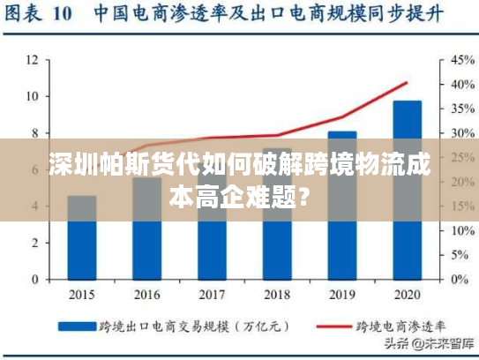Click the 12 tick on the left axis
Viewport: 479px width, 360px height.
pyautogui.click(x=32, y=60)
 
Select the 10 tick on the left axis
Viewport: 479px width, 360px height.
pyautogui.click(x=32, y=96)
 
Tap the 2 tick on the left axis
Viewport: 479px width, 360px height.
pyautogui.click(x=34, y=243)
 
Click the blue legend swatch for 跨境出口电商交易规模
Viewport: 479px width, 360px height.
pyautogui.click(x=76, y=326)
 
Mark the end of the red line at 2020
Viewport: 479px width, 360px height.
pyautogui.click(x=407, y=83)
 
